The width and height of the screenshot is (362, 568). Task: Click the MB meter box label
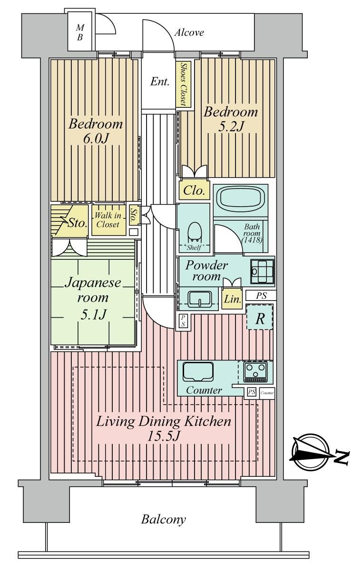click(x=80, y=32)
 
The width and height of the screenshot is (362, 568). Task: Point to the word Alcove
click(x=189, y=33)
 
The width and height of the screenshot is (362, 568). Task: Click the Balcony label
click(x=163, y=520)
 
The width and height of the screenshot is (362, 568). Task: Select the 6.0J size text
click(x=96, y=138)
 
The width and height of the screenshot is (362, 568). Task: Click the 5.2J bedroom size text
click(x=231, y=126)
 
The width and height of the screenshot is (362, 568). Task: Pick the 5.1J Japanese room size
click(x=93, y=314)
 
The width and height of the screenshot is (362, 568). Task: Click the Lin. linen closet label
click(x=233, y=299)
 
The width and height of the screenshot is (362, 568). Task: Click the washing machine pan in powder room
click(x=262, y=271)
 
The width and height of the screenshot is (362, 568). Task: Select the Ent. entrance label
click(x=160, y=82)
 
